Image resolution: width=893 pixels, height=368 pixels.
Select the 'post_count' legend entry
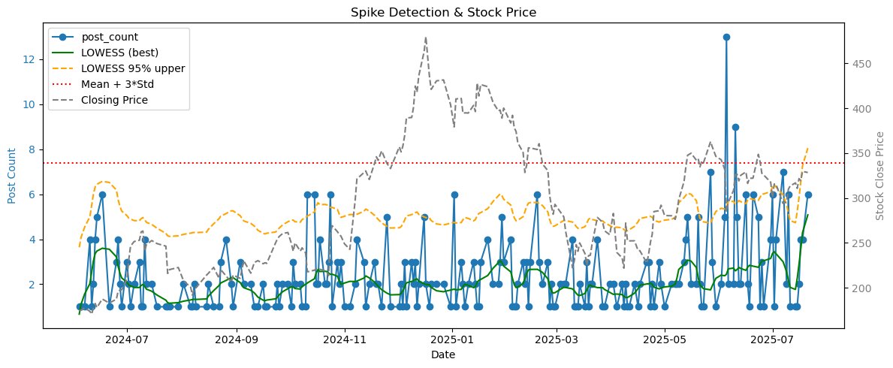(105, 38)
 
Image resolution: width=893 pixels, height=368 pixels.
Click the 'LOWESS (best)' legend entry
(114, 53)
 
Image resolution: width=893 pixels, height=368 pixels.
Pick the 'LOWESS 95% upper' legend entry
(122, 68)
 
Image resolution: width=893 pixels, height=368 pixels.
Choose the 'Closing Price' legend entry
(111, 99)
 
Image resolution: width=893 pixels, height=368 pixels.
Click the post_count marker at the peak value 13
(726, 37)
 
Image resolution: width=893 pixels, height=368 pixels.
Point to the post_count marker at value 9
(735, 127)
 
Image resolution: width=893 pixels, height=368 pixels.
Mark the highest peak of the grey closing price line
(426, 38)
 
